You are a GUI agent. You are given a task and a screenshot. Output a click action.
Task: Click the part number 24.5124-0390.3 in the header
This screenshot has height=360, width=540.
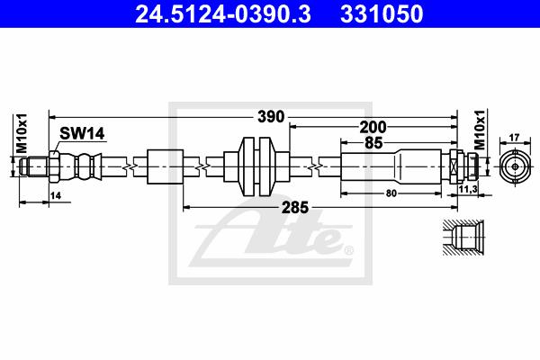pyautogui.click(x=223, y=14)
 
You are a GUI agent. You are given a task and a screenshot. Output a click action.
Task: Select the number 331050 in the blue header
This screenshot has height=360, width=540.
pyautogui.click(x=382, y=14)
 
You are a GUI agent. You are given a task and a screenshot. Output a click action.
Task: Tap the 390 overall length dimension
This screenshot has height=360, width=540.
pyautogui.click(x=271, y=117)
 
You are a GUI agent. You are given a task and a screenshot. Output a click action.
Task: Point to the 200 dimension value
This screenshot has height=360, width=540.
pyautogui.click(x=373, y=128)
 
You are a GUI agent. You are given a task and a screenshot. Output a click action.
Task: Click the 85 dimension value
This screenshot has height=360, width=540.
pyautogui.click(x=373, y=142)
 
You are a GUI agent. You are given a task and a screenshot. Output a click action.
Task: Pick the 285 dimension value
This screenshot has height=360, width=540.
pyautogui.click(x=295, y=207)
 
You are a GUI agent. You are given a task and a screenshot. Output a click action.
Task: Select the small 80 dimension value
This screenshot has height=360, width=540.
pyautogui.click(x=391, y=193)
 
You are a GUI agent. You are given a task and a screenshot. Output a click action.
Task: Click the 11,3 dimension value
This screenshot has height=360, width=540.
pyautogui.click(x=468, y=189)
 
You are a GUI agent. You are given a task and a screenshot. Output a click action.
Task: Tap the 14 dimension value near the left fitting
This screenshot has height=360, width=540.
pyautogui.click(x=56, y=195)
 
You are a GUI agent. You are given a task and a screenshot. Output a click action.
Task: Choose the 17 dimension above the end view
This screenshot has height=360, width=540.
pyautogui.click(x=514, y=138)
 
